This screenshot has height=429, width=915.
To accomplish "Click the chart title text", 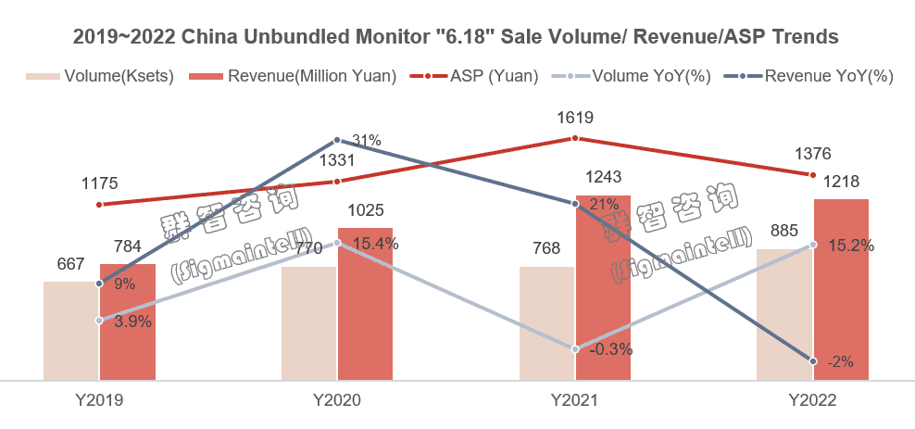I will [456, 37].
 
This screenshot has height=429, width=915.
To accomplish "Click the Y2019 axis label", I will [99, 400].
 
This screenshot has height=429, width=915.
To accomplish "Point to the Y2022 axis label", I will [812, 400].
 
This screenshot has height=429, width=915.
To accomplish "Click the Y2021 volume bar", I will [546, 323].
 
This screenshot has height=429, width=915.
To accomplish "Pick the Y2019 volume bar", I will [71, 331].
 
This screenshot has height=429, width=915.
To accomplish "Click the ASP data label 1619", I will [575, 118].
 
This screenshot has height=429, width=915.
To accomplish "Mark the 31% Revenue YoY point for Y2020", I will [337, 141].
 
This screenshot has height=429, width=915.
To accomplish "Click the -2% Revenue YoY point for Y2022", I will [813, 361].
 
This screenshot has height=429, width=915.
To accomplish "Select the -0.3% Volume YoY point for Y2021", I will [575, 349].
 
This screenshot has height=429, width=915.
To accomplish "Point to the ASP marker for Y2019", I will [99, 205].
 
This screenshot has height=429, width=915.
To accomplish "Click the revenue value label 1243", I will [603, 177].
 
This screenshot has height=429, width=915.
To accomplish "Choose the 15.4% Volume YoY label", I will [374, 244].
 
